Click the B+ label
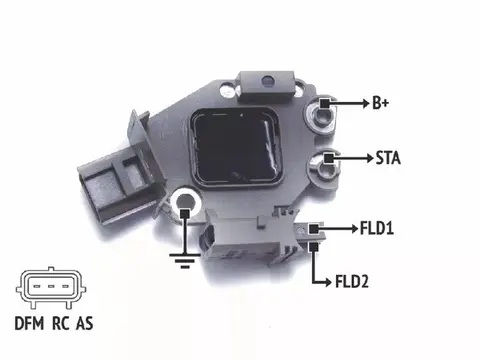coord(380,103)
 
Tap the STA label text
coord(388,158)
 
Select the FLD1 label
coord(377,229)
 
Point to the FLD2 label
coord(352,282)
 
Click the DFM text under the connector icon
coord(29,323)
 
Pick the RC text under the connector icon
coord(61,323)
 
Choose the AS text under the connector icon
coord(84,323)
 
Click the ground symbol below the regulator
coord(185,260)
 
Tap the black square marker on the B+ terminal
coord(325,103)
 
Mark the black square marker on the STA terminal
coord(329,158)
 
